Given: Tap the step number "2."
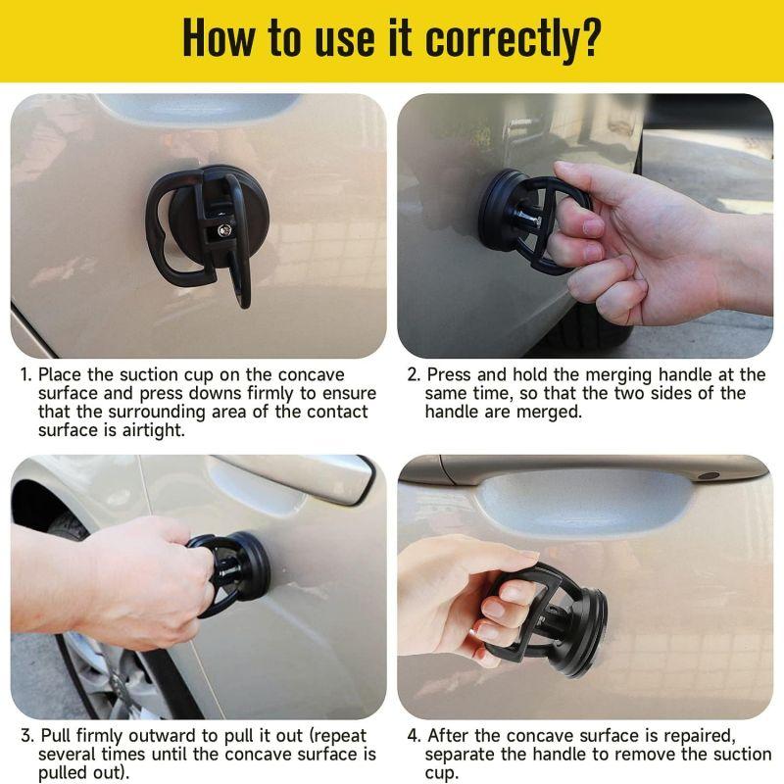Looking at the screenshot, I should coord(414,375).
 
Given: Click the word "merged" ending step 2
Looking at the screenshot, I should coord(554,412).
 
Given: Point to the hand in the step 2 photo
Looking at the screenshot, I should coord(637,245).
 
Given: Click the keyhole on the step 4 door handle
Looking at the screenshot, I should coord(709,475).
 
